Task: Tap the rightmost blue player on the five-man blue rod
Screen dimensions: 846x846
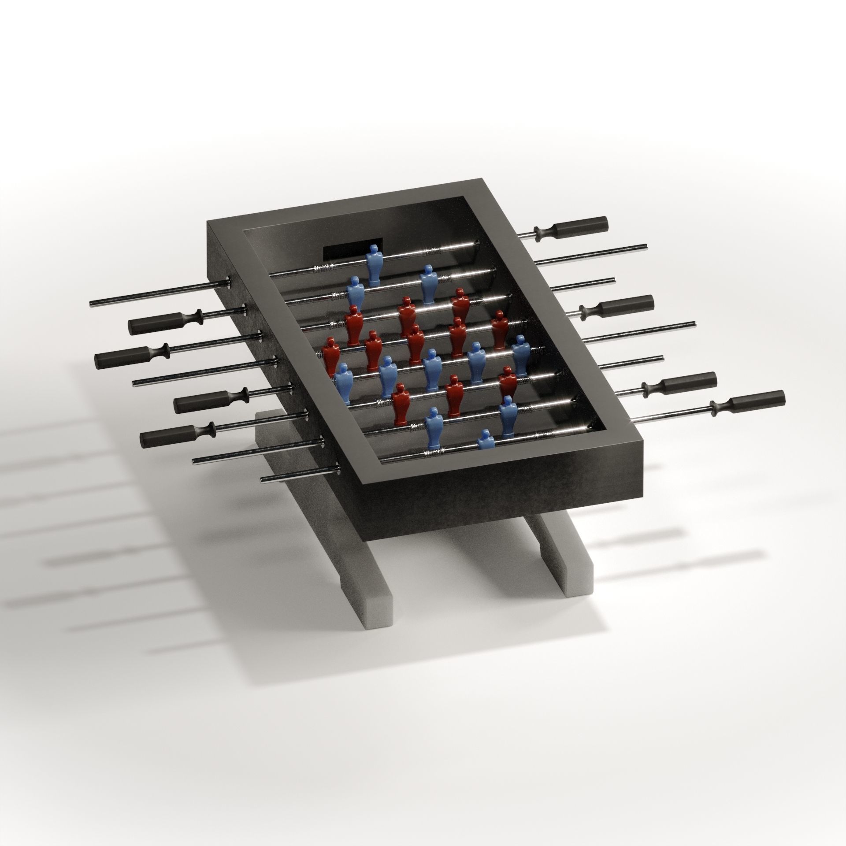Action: click(x=521, y=355)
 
